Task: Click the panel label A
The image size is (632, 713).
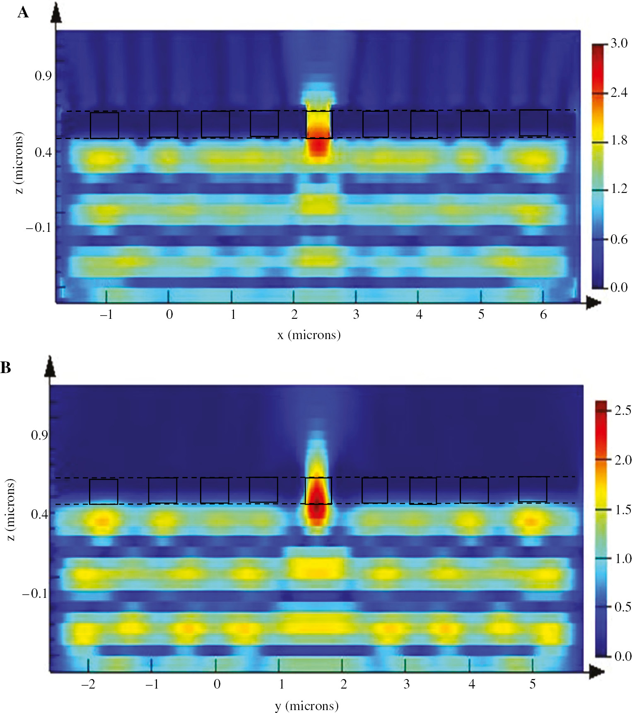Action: (x=23, y=13)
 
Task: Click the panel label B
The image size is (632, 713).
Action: (x=6, y=367)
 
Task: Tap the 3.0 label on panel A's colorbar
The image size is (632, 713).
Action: (x=619, y=43)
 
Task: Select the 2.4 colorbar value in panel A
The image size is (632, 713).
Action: (x=619, y=92)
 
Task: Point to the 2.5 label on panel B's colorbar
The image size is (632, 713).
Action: (x=622, y=410)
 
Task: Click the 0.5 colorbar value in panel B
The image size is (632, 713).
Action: (x=622, y=607)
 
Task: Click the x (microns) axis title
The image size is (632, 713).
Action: (x=309, y=335)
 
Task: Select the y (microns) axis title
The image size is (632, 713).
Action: (x=306, y=706)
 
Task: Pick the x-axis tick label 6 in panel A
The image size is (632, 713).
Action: (x=543, y=315)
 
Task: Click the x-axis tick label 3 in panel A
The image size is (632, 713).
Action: (x=356, y=315)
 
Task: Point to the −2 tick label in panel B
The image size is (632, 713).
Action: (x=88, y=684)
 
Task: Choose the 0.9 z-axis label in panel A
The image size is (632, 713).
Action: (x=43, y=76)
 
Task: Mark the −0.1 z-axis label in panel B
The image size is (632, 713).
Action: (x=35, y=593)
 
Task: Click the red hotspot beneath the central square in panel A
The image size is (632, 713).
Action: (x=318, y=145)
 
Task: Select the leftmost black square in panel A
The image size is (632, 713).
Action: (x=104, y=125)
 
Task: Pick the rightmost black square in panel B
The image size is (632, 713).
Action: (x=533, y=489)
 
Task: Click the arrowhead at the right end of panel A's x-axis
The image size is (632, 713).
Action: (x=594, y=303)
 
